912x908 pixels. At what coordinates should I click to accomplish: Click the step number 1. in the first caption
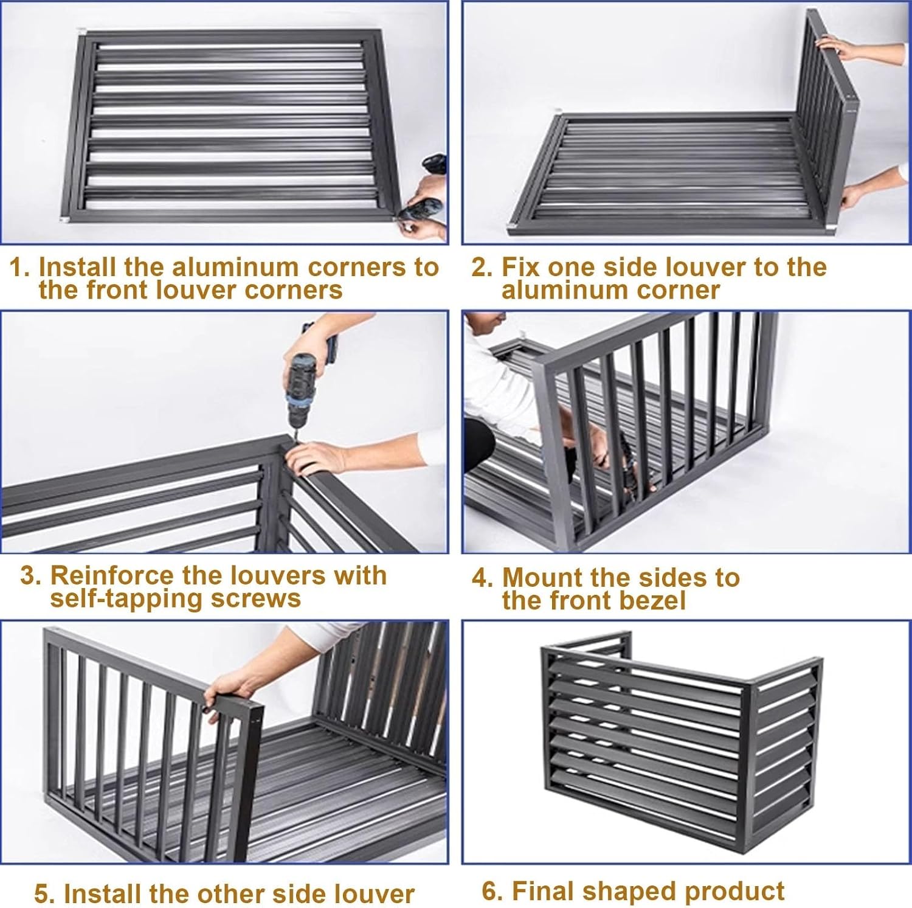19,268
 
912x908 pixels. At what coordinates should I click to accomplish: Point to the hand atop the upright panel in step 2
836,46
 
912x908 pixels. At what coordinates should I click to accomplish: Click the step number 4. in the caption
483,578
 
